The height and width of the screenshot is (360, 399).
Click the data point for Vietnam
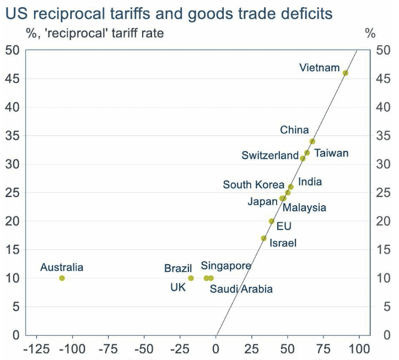click(346, 73)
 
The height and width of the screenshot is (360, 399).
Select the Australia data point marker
click(62, 278)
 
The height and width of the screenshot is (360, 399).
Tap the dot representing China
click(312, 141)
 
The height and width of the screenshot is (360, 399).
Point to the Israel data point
click(264, 238)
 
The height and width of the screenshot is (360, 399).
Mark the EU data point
click(272, 221)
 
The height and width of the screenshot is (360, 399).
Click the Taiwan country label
click(331, 153)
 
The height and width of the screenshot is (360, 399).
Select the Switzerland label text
click(270, 156)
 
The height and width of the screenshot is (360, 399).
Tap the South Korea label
click(254, 185)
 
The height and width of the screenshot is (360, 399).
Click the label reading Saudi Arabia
click(241, 289)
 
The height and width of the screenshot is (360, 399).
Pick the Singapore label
click(226, 266)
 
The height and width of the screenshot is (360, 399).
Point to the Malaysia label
click(304, 208)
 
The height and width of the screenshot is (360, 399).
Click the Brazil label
click(178, 269)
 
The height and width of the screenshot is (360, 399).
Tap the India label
click(310, 182)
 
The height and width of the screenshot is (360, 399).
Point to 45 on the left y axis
click(13, 79)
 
